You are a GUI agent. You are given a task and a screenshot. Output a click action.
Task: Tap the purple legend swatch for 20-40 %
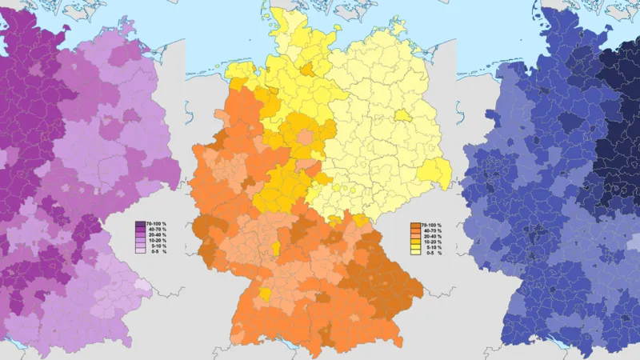point(140,236)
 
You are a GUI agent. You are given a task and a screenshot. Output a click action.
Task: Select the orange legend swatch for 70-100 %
point(415,225)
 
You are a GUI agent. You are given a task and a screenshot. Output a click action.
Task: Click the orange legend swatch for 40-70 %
point(415,230)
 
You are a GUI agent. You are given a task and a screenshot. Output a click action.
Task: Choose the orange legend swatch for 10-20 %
point(415,242)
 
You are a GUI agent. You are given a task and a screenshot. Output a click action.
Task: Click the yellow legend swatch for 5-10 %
point(415,247)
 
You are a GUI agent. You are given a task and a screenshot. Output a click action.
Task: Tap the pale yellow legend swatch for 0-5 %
point(415,253)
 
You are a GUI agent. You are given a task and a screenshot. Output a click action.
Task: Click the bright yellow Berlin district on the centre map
point(402,115)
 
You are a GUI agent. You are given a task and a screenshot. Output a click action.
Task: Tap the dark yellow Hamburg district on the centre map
point(307,69)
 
